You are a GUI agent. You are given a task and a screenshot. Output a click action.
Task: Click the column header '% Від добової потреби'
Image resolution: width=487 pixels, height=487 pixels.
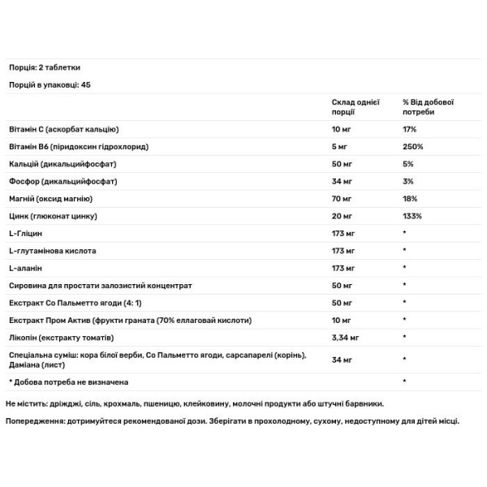click(429, 107)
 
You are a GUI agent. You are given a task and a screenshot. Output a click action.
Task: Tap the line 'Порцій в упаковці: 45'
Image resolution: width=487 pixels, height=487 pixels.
click(49, 85)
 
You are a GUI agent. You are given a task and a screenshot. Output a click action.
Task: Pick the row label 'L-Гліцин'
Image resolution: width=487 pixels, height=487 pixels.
click(26, 234)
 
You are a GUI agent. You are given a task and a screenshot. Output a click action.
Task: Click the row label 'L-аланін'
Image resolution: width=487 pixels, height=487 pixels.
click(26, 268)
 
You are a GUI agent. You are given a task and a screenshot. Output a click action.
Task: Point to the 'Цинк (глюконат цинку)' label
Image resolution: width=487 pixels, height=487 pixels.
click(53, 217)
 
